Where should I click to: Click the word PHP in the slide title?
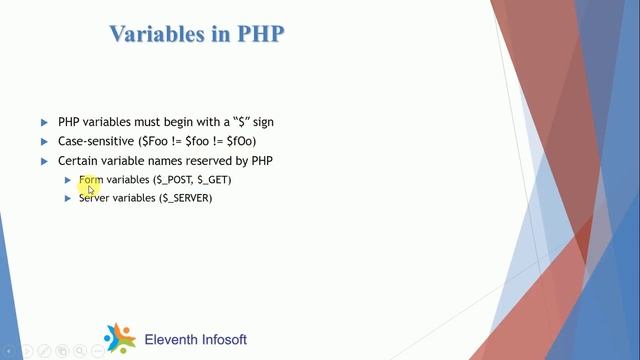click(x=260, y=33)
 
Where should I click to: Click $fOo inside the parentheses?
click(x=254, y=142)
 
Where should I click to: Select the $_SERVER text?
click(x=185, y=198)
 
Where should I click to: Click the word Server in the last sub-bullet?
click(x=94, y=198)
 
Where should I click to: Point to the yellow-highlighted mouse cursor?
click(x=91, y=187)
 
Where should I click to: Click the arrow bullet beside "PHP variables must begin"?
click(x=44, y=122)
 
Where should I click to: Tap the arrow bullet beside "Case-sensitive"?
click(x=44, y=142)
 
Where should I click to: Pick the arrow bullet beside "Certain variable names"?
click(x=44, y=161)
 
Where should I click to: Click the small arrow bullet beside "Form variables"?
click(x=68, y=180)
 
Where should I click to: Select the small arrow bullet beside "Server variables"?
click(x=68, y=198)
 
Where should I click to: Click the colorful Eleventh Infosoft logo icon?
click(x=119, y=339)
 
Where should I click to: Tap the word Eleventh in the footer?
click(x=172, y=340)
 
